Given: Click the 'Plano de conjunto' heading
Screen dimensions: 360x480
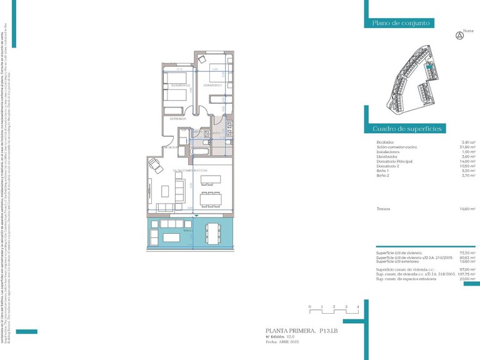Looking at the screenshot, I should point(401,23).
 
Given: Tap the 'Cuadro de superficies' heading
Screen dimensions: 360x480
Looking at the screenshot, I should point(407,129).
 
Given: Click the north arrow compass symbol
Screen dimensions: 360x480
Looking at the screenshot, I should point(461,35).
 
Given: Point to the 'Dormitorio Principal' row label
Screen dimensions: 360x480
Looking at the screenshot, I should point(392,161).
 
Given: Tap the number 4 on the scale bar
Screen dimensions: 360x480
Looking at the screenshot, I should point(357,307).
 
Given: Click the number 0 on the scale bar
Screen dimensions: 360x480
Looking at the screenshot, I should point(309,307).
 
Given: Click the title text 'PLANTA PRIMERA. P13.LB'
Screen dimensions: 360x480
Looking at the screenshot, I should point(302,329).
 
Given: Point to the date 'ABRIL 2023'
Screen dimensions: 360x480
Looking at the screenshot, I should point(291,342).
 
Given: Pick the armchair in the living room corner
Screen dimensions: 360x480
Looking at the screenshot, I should point(152,164).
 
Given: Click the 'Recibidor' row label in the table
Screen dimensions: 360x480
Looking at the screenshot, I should point(386,142).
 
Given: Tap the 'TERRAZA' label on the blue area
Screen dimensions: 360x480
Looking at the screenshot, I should point(188,231).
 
